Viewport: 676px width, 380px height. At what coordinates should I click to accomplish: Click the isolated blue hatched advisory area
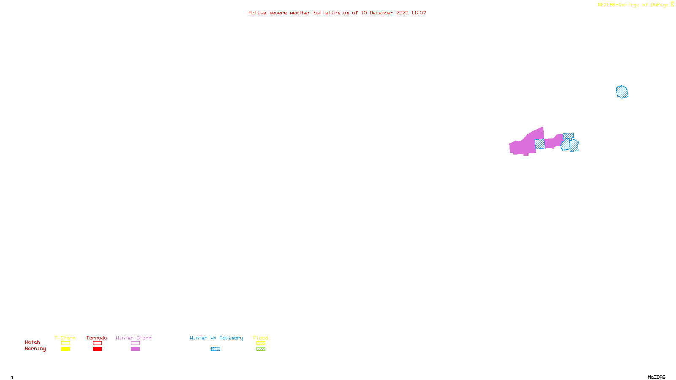click(622, 92)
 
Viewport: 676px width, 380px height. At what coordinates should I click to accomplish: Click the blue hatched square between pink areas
click(540, 144)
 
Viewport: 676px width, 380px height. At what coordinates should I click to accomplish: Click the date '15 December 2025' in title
click(384, 13)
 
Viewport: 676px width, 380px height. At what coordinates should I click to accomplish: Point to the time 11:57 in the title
click(419, 13)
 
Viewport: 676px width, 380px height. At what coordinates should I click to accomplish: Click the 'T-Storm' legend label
click(65, 338)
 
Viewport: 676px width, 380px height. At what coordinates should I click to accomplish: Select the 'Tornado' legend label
click(97, 338)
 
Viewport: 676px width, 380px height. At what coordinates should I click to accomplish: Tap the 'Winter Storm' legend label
click(134, 338)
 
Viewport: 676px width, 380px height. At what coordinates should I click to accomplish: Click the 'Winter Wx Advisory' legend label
click(216, 338)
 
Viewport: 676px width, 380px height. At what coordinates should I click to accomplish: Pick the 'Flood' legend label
click(261, 338)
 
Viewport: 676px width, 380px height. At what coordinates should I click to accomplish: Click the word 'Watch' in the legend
click(33, 342)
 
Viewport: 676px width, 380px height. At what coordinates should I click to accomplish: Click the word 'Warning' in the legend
click(35, 349)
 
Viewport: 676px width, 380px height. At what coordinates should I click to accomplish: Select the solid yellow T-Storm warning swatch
click(65, 349)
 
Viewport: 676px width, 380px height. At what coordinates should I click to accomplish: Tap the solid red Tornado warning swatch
click(98, 349)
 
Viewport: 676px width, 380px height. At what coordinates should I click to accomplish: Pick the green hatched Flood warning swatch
click(261, 349)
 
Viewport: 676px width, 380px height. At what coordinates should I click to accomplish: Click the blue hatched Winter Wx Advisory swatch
click(216, 349)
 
